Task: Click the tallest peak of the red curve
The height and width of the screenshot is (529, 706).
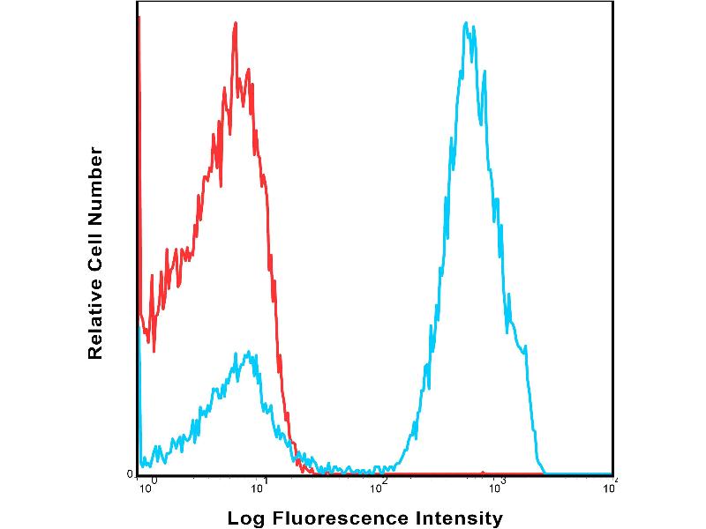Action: tap(236, 24)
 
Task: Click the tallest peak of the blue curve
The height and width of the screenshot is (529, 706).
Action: tap(466, 23)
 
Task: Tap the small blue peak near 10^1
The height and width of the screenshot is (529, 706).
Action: tap(250, 353)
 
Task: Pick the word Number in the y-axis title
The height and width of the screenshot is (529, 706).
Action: tap(95, 182)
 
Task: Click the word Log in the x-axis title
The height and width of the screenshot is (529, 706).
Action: tap(244, 518)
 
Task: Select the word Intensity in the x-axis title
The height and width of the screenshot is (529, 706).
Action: tap(460, 518)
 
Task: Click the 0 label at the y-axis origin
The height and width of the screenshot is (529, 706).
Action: tap(131, 474)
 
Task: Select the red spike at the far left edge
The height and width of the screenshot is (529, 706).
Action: tap(139, 26)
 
